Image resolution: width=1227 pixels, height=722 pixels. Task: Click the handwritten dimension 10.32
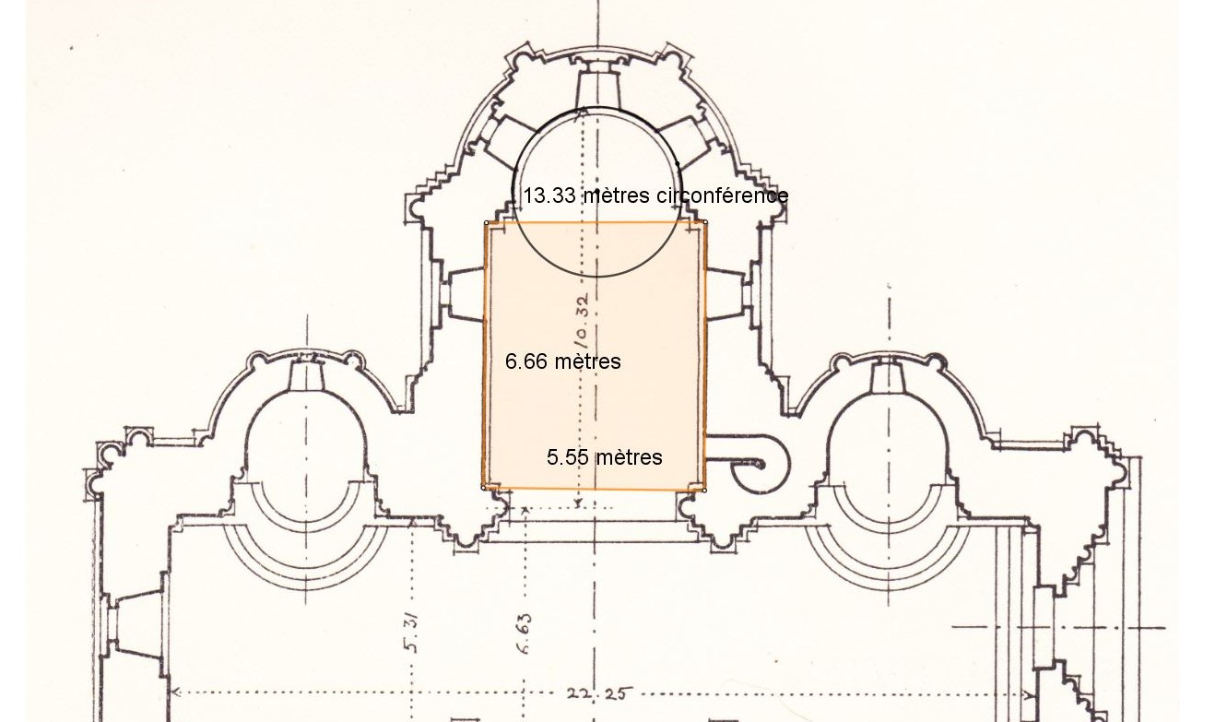[583, 322]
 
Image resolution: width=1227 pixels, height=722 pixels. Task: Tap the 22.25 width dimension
[599, 694]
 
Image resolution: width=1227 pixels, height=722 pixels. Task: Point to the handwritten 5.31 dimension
[411, 633]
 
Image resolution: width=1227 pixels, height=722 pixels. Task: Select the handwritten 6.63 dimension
[525, 633]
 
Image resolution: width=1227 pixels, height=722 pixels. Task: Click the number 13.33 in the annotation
[549, 195]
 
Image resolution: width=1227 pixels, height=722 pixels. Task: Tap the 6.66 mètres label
[563, 361]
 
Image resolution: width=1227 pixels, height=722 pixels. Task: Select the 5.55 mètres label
[604, 457]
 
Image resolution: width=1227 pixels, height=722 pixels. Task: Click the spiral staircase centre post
[760, 465]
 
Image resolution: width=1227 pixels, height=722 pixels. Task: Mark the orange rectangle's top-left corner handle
[487, 222]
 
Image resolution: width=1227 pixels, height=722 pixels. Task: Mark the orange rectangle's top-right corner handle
[705, 222]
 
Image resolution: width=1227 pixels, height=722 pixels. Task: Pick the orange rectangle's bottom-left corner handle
[483, 488]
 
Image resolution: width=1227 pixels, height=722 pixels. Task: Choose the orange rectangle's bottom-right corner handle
[704, 491]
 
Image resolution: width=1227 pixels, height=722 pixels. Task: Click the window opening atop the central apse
[597, 89]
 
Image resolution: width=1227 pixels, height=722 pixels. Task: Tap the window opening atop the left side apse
[307, 374]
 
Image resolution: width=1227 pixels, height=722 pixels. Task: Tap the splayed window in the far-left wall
[136, 624]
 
